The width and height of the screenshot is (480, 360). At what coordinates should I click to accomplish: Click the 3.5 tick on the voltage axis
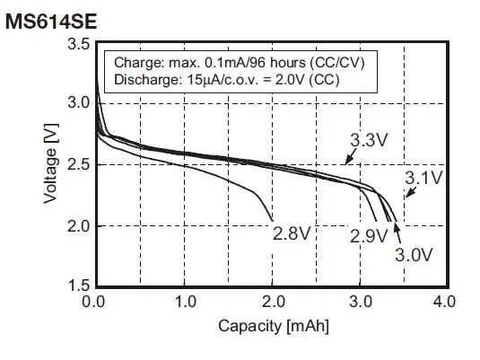78,44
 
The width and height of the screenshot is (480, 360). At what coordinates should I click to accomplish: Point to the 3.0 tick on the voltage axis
78,104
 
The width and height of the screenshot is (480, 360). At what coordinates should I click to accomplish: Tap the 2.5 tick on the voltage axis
78,165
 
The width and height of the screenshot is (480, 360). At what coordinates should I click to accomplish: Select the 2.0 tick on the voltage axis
78,225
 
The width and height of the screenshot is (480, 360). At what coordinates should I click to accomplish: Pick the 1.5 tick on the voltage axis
78,285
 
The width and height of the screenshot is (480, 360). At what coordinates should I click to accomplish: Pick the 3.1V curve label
423,178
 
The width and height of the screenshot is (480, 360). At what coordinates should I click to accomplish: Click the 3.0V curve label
413,254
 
